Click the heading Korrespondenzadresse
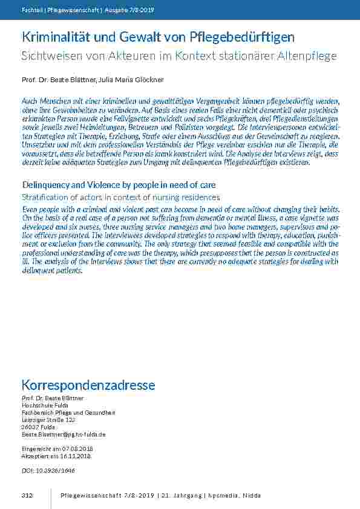(88, 385)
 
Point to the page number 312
(27, 496)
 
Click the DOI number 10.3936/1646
(57, 470)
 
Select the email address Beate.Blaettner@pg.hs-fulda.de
(64, 434)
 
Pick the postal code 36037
(30, 427)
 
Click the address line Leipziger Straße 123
(48, 420)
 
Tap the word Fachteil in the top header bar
(30, 10)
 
